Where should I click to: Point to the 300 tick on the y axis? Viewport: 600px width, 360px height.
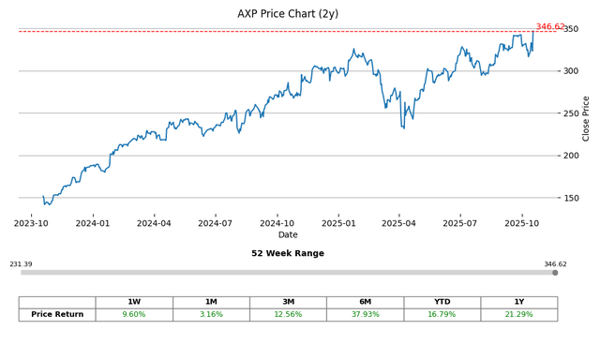[569, 71]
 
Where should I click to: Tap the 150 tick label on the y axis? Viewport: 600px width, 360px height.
[569, 198]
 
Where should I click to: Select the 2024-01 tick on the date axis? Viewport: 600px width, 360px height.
[93, 223]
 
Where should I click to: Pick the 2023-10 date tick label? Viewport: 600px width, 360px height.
[32, 223]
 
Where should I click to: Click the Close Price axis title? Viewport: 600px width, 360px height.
[587, 118]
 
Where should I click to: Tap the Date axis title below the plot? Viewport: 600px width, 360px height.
[287, 235]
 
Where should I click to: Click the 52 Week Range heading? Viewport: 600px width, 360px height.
[287, 254]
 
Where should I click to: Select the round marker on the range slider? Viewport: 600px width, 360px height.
[555, 273]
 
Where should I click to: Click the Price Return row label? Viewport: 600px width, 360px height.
[57, 315]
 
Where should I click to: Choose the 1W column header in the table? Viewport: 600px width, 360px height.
[134, 302]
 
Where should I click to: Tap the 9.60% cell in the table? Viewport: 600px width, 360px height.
[134, 315]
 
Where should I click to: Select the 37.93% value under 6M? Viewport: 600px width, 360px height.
[365, 315]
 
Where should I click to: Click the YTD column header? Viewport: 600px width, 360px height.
[442, 302]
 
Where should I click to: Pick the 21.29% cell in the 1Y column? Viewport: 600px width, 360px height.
[518, 315]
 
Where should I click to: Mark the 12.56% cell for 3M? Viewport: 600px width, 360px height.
[288, 315]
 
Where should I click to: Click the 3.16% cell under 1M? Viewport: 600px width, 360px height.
[211, 315]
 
